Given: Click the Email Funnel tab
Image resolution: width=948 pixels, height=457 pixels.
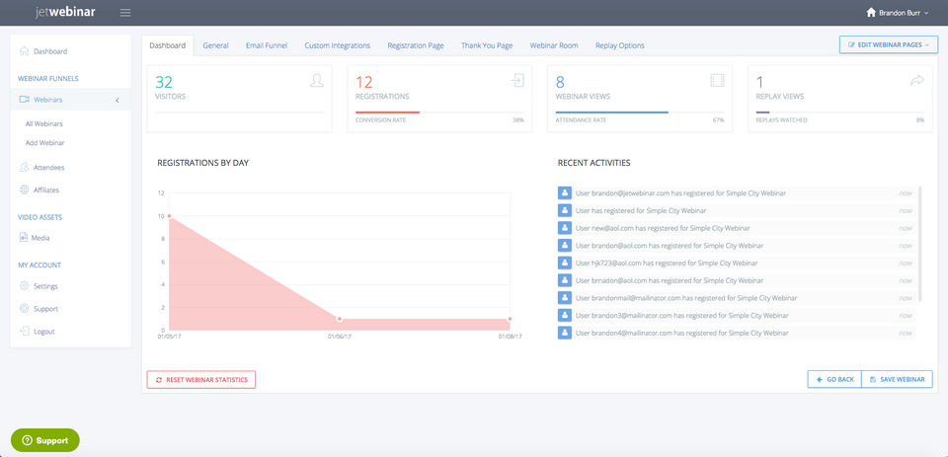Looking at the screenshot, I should point(267,45).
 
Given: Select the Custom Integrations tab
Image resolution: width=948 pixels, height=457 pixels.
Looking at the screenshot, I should point(338,45).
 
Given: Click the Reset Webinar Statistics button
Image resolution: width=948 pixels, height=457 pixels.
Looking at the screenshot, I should point(201,379).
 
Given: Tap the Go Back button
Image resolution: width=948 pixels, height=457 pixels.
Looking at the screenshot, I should point(834,379).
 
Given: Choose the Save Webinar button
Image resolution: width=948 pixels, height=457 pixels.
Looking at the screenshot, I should point(898,379).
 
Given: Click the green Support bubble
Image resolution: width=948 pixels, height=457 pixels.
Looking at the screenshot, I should point(45,440).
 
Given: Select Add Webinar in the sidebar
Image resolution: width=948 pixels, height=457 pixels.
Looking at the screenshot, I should point(45,143).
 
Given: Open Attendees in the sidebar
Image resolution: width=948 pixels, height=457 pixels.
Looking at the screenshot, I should point(48,167).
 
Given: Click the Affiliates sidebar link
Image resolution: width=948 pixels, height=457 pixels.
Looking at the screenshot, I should point(46,190).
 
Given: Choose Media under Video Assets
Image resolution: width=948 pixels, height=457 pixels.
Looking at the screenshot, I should point(40,238).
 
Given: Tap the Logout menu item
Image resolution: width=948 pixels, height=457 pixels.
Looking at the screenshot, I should point(43,332).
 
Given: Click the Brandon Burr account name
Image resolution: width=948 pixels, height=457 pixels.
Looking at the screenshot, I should point(902,13).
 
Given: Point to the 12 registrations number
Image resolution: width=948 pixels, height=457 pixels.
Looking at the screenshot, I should point(364,82).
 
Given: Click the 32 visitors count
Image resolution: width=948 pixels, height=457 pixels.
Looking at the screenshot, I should point(164,82).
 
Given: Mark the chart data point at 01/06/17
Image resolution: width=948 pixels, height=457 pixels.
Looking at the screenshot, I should point(340,319).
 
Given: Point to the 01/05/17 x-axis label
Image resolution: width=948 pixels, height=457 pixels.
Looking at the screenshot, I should point(169,337).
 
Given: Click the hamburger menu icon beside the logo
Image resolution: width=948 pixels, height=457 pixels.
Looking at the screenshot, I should point(124,13).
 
